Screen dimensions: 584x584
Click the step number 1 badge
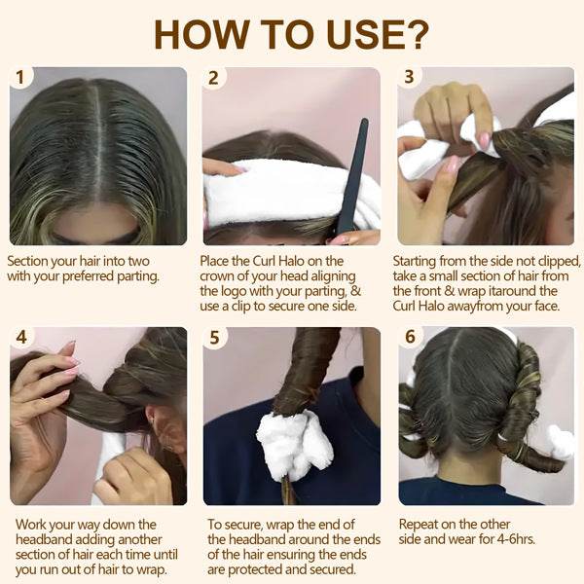20,77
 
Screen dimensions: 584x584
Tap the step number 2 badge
214,77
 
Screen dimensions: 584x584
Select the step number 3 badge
409,77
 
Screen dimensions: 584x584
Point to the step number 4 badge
20,338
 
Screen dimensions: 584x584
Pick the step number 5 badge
214,338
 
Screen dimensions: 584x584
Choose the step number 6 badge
409,338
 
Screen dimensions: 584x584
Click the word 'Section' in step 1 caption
31,261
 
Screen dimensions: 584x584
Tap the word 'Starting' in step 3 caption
420,261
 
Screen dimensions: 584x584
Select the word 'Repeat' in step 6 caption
421,524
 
